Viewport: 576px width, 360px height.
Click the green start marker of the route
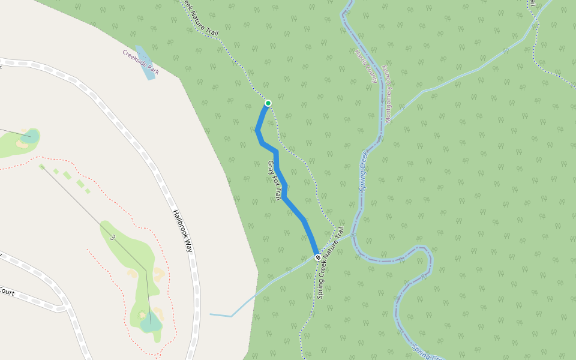point(268,103)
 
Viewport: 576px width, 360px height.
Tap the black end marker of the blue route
point(318,257)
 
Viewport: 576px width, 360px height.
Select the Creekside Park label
point(140,62)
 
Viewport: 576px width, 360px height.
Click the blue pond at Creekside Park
point(145,64)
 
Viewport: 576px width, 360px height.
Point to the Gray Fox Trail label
point(275,180)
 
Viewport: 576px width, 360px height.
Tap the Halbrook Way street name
point(184,230)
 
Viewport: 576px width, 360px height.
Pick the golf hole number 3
point(112,238)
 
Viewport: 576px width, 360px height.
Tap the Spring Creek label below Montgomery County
point(363,171)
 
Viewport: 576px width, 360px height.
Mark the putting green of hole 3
point(151,321)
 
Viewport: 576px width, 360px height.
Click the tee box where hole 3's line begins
point(41,166)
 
